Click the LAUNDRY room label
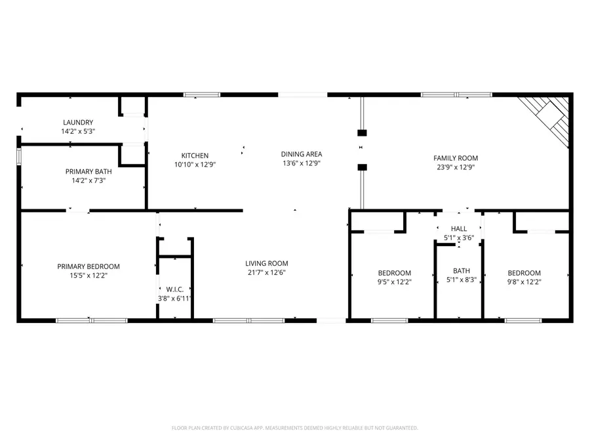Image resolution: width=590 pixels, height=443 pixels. coord(78,122)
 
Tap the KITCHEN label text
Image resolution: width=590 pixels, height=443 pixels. coord(195,156)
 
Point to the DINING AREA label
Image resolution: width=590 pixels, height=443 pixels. coord(302,154)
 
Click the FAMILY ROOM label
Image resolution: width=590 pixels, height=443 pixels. coord(456,158)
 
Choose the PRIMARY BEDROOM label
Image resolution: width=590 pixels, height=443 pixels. coord(88,266)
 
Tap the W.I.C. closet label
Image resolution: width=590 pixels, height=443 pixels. coord(174,289)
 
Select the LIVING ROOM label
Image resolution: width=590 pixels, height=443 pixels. coord(267,263)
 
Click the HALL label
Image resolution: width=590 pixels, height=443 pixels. coord(459,228)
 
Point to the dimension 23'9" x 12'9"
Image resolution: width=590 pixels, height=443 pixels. coord(456,167)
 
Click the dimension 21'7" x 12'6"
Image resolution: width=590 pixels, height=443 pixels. coord(267,272)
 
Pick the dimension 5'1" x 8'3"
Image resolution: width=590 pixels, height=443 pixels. coord(462,280)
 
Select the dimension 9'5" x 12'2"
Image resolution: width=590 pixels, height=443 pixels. coord(394,282)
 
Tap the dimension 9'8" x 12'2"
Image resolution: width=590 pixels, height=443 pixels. coord(524,282)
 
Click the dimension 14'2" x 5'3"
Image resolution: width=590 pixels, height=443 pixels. coord(78,131)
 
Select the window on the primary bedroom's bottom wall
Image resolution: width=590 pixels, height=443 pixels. coord(91,320)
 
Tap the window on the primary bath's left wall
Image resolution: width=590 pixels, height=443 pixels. coord(19,156)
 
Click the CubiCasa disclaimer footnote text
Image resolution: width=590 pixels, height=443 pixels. coord(294,428)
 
